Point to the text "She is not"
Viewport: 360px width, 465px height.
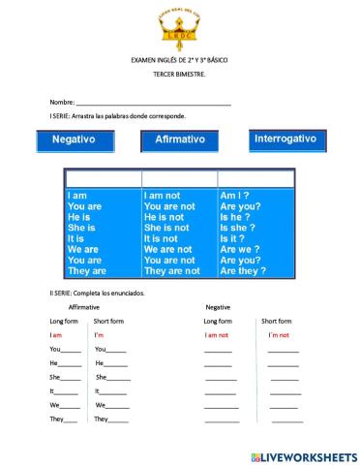click(173, 228)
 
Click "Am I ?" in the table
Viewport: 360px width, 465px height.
click(234, 196)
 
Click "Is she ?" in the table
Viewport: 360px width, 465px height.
click(239, 228)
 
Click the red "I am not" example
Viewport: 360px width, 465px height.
click(216, 334)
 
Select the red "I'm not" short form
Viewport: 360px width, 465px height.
click(281, 334)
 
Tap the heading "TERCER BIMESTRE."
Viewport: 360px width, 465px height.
click(179, 75)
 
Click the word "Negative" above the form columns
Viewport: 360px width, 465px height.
click(218, 306)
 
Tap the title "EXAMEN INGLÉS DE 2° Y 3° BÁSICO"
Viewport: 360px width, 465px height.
click(179, 60)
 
